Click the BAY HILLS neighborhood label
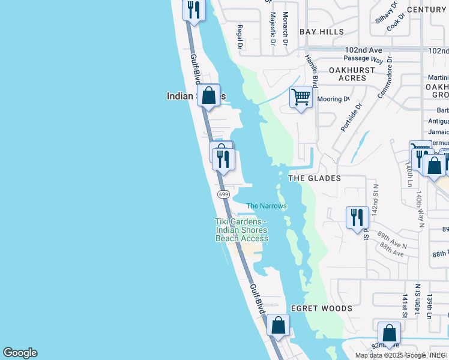[322, 32]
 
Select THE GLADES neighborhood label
[315, 178]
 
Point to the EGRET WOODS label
[321, 308]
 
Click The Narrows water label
[267, 206]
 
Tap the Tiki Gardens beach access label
[241, 230]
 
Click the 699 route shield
[223, 194]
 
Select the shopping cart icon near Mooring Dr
[301, 97]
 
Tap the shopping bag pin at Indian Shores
[208, 95]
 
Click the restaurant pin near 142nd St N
[357, 217]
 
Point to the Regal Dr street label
[239, 37]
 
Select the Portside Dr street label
[351, 118]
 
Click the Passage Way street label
[363, 59]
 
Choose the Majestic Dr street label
[273, 28]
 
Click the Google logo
[20, 353]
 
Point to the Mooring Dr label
[334, 99]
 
